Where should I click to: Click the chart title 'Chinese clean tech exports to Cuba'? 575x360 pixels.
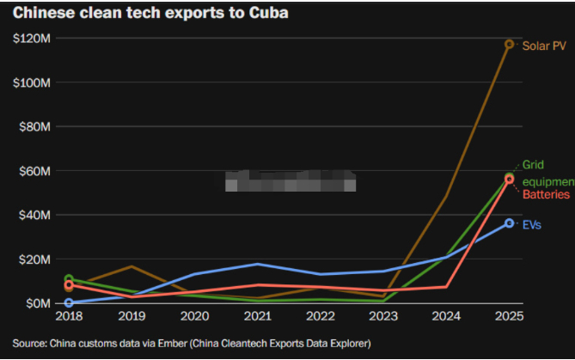(x=150, y=13)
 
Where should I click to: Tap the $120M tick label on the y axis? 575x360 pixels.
(x=32, y=39)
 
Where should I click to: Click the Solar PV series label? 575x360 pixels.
(x=544, y=46)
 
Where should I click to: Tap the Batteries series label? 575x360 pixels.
(x=546, y=195)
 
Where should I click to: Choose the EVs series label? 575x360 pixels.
(x=534, y=224)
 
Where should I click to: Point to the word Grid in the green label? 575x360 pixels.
(x=534, y=164)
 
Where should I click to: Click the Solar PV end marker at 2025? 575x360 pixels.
(x=509, y=44)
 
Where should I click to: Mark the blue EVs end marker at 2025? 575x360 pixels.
(x=509, y=223)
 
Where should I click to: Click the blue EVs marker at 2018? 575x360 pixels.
(x=70, y=302)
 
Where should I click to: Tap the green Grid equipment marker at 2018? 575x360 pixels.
(x=70, y=279)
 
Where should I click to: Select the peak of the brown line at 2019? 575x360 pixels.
(x=132, y=266)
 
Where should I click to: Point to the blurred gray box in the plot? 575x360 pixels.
(x=290, y=181)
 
